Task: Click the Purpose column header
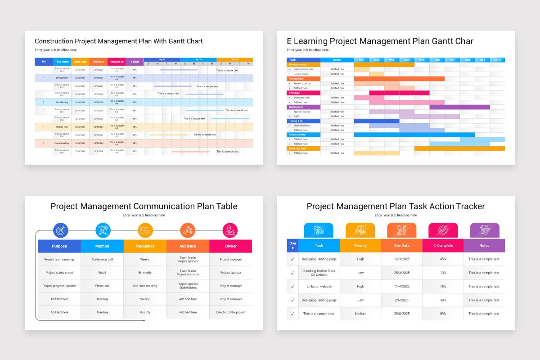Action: pos(59,246)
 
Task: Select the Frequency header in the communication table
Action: pos(145,246)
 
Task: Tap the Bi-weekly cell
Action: pos(145,273)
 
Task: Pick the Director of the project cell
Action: pos(230,312)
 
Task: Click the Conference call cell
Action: pos(102,259)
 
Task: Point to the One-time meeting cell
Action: pos(145,286)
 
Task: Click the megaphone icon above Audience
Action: pos(188,230)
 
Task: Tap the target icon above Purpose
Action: pos(60,230)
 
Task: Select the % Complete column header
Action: pos(443,246)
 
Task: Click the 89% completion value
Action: pos(443,314)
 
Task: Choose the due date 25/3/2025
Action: pos(401,273)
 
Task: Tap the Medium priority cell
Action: pos(360,314)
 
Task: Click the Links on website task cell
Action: pos(319,286)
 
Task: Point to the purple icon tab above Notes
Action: pos(484,230)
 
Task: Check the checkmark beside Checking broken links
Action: pos(292,273)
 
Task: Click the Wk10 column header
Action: pos(497,60)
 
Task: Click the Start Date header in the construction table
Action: pos(80,62)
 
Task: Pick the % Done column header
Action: pos(135,62)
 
